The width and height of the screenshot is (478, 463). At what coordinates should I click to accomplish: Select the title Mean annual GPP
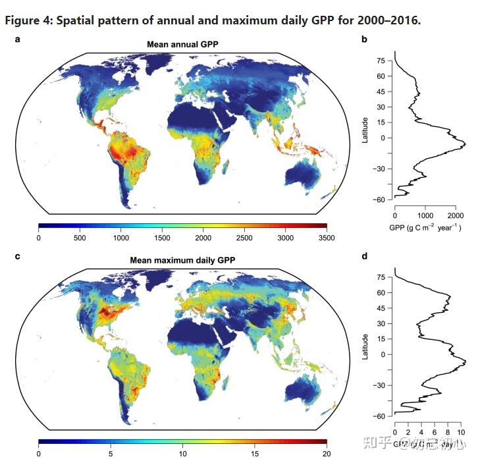pos(183,45)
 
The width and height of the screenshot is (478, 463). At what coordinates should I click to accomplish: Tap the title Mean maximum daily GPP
pos(183,260)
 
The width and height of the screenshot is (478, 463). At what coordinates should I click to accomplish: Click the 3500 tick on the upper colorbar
pos(327,237)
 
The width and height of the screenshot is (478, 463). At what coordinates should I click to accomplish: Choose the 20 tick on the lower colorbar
pos(327,454)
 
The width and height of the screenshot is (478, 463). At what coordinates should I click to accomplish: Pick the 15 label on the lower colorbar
pos(255,454)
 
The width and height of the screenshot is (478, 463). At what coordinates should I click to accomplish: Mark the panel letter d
pos(364,256)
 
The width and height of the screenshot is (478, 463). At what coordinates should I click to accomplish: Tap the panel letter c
pos(17,256)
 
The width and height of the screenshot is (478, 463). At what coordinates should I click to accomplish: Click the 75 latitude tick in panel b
pos(381,61)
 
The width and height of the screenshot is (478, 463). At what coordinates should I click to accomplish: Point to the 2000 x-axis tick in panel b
pos(456,215)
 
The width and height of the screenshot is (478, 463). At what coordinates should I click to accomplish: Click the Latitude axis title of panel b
pos(365,128)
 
